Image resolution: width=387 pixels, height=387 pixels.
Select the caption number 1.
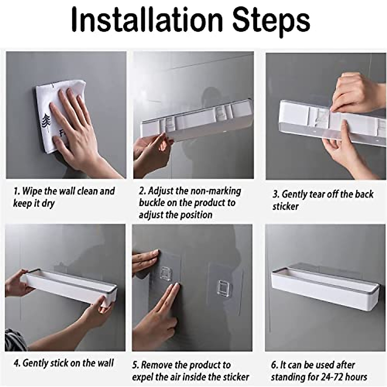(x=15, y=191)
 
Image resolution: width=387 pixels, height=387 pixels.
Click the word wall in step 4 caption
(x=105, y=363)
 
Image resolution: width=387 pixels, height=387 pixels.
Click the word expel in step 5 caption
(x=144, y=377)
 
